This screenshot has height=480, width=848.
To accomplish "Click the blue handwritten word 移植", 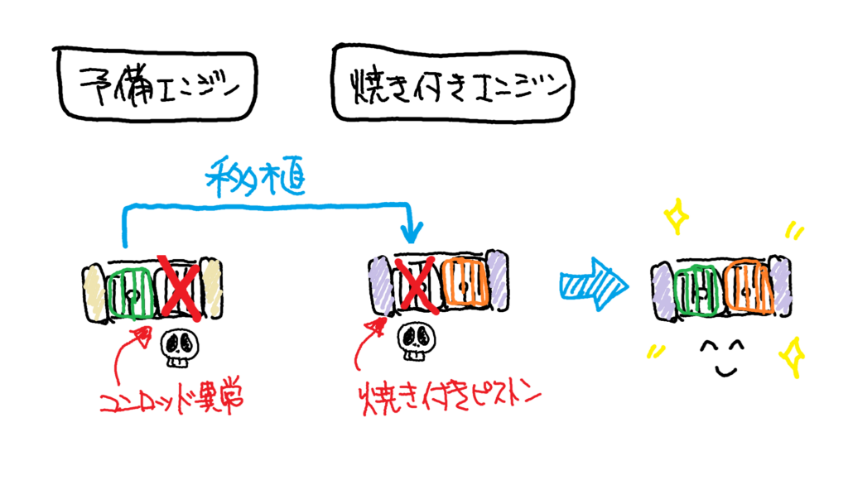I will pos(255,175).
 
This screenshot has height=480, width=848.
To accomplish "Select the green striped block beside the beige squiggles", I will pos(131,291).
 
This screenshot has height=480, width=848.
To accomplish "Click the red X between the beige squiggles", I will pos(181,287).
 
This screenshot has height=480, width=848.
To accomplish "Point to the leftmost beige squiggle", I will pos(92,289).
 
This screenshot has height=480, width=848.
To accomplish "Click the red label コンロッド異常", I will pos(173,401).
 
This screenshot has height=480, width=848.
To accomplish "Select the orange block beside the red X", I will pos(465,282).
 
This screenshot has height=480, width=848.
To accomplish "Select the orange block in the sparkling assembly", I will pos(749,287).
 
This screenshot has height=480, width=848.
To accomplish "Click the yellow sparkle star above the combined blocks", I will pos(677,217).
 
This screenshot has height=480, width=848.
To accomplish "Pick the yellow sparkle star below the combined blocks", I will pos(792,356).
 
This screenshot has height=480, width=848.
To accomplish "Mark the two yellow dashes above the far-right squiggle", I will pos(795,232).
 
